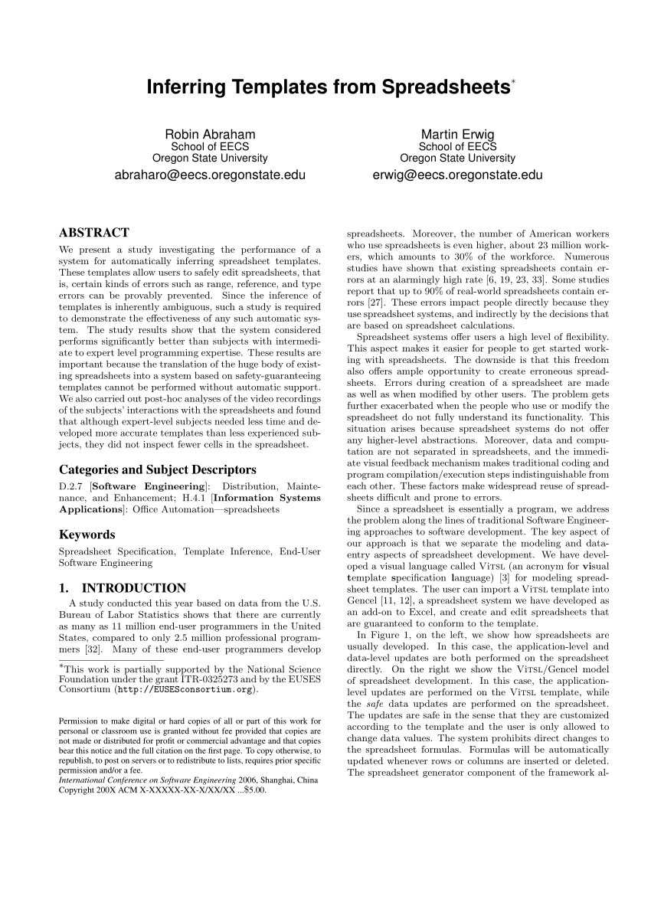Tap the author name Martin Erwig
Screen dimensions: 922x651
[457, 135]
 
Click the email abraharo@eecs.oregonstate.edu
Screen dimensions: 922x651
[209, 175]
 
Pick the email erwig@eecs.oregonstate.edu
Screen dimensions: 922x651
[457, 175]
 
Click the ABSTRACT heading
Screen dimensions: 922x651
[94, 233]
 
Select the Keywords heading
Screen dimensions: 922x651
[87, 535]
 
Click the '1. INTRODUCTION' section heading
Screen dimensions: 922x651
[123, 588]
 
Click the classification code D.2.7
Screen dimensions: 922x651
[71, 486]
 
